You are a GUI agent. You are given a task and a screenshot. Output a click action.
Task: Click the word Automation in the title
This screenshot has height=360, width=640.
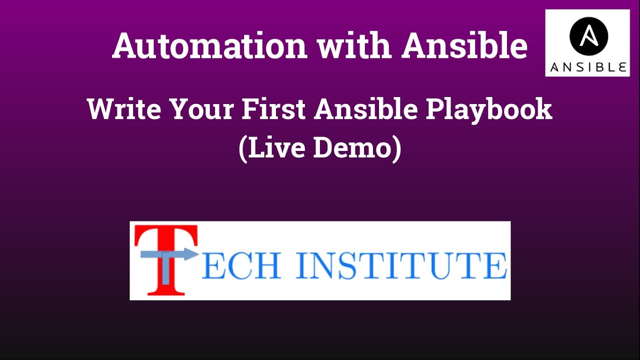pos(209,45)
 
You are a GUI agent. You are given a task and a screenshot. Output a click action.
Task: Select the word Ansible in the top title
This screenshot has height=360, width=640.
pos(464,45)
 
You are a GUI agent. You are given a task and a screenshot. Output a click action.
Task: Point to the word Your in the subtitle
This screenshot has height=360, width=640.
pos(202,109)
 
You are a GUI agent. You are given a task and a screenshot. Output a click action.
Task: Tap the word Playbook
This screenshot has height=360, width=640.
pos(489,109)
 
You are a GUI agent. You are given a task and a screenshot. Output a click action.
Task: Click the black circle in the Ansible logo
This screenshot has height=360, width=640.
pos(588,36)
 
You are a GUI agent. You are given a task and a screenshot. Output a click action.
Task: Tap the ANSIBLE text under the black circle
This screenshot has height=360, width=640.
pos(588,67)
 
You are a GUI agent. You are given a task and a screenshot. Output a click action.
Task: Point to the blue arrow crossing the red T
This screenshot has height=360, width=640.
pos(170,254)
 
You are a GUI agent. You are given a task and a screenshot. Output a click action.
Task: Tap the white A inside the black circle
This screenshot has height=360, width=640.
pos(588,35)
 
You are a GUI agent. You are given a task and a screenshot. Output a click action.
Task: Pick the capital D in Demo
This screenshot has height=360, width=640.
pos(324,148)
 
